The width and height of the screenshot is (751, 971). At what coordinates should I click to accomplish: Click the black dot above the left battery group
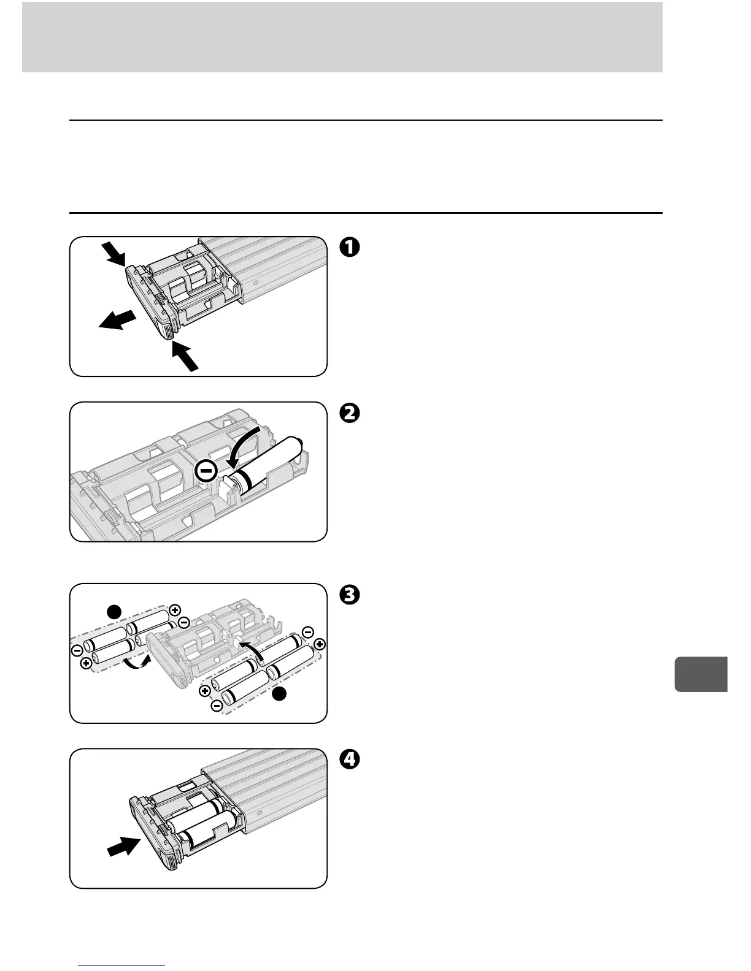pos(114,612)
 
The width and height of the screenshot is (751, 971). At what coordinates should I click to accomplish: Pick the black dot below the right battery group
pos(279,693)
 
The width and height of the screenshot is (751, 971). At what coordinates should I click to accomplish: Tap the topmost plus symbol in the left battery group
pos(175,610)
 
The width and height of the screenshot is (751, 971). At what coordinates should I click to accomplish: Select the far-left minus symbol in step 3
pos(75,649)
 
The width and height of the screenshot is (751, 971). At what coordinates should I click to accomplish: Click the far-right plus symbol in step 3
pos(320,644)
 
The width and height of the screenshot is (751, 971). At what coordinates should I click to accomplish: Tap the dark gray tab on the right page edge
pos(701,674)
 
